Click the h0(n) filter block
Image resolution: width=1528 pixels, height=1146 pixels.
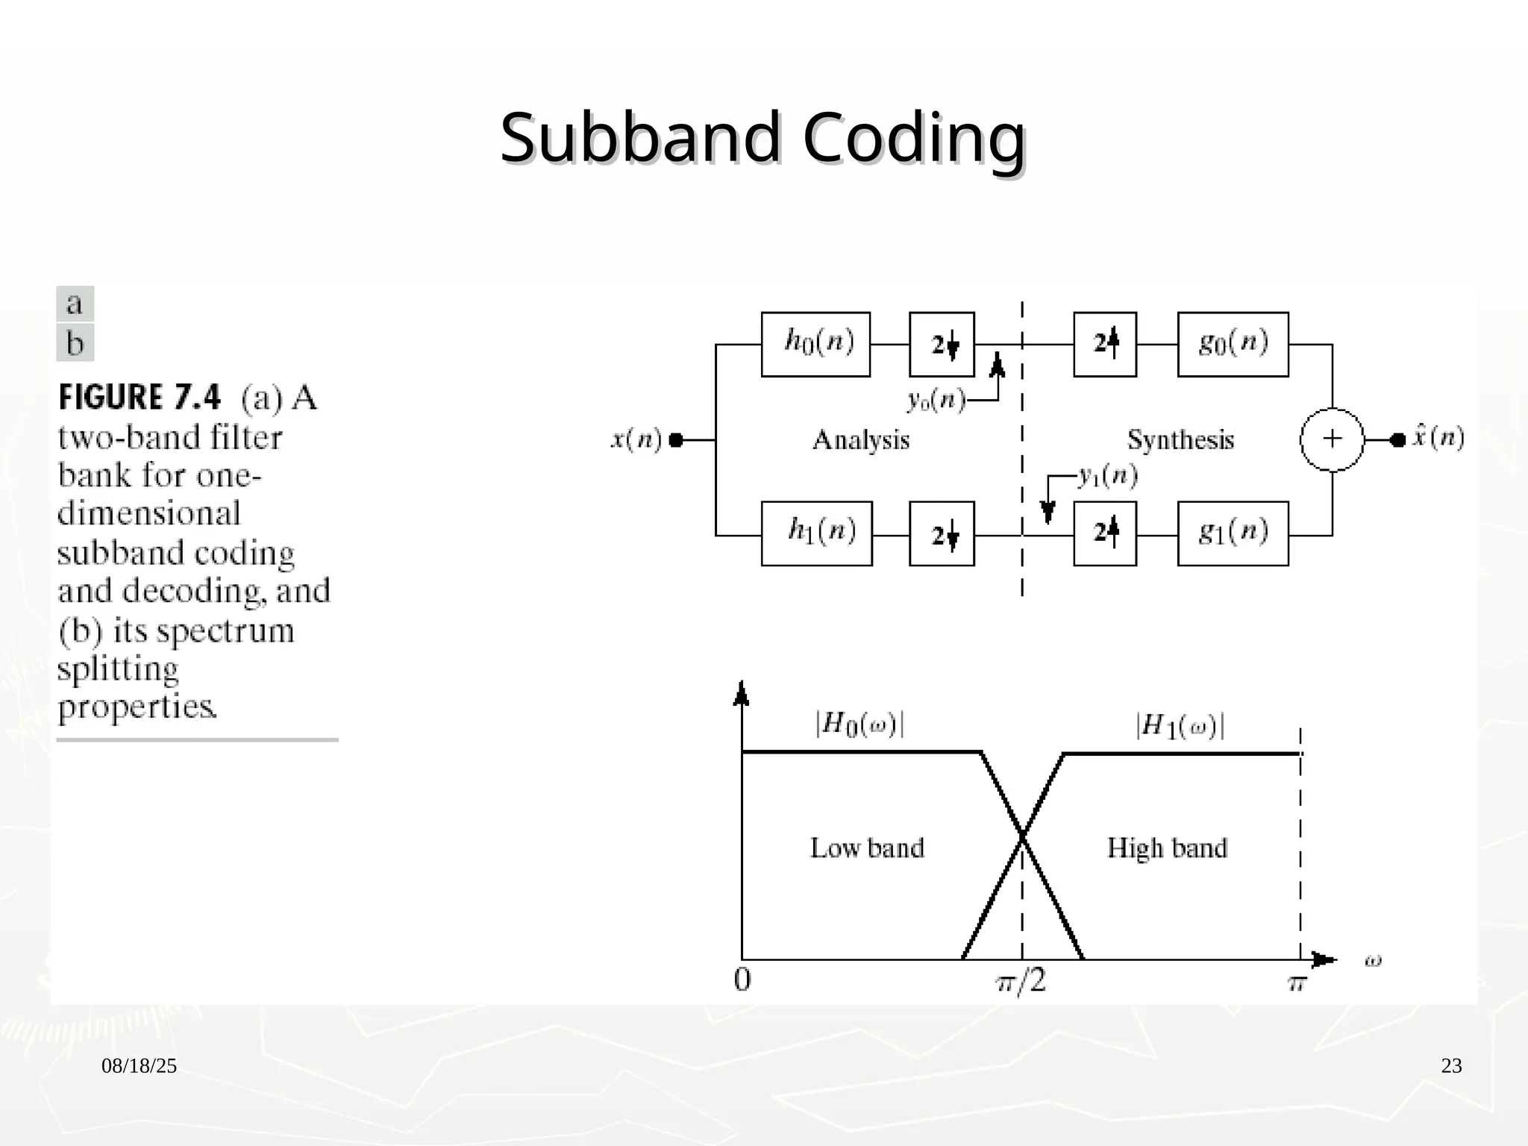[815, 344]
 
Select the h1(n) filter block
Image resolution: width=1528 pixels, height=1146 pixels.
[816, 533]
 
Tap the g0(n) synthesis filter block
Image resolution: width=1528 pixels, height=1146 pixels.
[1233, 344]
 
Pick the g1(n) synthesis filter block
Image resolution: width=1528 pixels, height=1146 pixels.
[1233, 533]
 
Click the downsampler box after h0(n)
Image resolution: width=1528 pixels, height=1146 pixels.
[942, 344]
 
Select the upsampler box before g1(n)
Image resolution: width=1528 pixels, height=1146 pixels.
[1105, 533]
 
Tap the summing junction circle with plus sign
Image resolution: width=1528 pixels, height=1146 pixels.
[1332, 439]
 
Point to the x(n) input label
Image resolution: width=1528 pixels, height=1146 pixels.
[636, 439]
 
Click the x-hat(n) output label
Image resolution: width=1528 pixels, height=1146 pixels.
[1438, 437]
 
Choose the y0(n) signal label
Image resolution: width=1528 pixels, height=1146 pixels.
[936, 401]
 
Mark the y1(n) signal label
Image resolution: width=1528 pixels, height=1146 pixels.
[1108, 476]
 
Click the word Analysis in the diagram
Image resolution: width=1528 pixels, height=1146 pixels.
[861, 440]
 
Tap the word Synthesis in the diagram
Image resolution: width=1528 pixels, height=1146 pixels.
[1180, 440]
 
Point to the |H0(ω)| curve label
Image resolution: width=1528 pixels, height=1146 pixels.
[859, 724]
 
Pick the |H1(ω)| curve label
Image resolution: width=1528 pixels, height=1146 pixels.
[1180, 726]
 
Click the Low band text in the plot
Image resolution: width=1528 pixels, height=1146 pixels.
[867, 848]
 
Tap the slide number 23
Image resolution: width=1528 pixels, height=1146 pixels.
[1451, 1066]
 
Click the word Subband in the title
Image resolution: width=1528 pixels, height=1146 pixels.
[640, 138]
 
